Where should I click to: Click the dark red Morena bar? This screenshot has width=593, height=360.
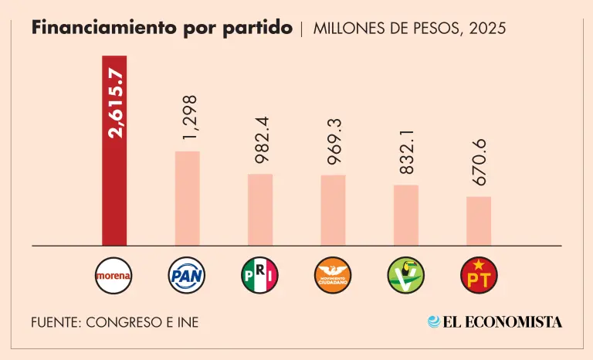coord(114,185)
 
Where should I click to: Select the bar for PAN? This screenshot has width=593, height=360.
coord(187,199)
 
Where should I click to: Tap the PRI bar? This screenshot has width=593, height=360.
coord(260,209)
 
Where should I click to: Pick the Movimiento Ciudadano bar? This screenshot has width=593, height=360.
coord(333,210)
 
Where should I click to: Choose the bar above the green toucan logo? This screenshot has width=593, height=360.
coord(406,216)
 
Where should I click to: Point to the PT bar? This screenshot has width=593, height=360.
coord(479,221)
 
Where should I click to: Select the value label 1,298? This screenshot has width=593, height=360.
coord(188,118)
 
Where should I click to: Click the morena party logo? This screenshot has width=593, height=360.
coord(114,274)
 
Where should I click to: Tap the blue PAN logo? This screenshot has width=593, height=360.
coord(187,274)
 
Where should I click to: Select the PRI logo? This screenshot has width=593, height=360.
coord(260,274)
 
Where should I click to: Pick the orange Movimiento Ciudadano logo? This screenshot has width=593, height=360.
coord(333,274)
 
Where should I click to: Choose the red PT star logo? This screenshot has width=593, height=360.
coord(479,274)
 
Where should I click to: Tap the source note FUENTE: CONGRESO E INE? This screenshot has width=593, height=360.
coord(115,322)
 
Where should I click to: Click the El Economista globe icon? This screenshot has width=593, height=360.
coord(435,321)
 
